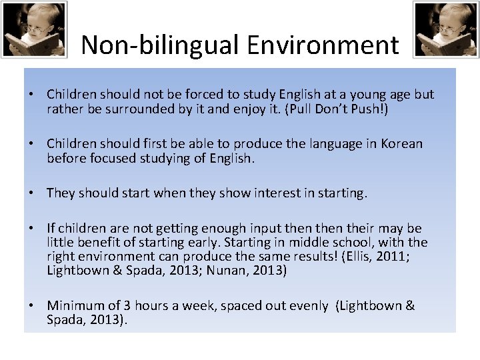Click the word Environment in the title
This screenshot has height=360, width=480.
(x=323, y=45)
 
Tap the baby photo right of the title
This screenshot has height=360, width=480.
(x=445, y=29)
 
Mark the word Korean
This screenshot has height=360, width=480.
(x=401, y=144)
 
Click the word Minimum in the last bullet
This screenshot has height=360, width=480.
(x=75, y=306)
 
